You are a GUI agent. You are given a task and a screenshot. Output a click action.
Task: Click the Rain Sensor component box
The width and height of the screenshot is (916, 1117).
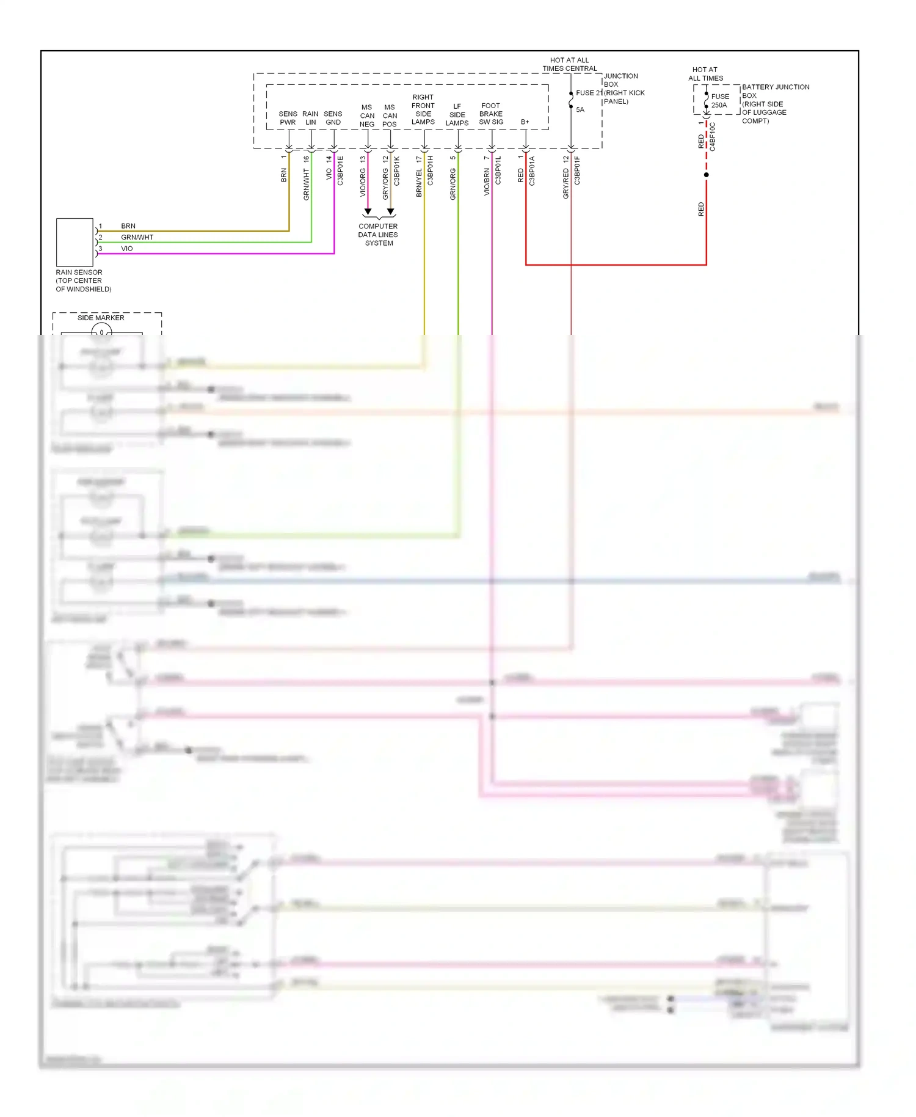(75, 242)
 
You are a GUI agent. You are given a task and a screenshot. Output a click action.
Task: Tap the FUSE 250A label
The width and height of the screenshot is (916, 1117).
(719, 101)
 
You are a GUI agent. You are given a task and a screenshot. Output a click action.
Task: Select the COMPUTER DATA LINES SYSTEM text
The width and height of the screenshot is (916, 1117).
(378, 235)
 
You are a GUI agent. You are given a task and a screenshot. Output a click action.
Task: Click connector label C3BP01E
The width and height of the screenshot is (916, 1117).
(341, 171)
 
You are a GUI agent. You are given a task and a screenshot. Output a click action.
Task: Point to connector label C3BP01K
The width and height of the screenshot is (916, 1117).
(397, 171)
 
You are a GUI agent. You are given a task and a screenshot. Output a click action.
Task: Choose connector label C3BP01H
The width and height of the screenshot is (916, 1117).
(431, 171)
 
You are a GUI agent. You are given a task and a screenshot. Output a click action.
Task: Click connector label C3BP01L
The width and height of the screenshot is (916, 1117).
(498, 170)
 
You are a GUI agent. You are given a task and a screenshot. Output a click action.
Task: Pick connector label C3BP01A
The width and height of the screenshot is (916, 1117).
(532, 171)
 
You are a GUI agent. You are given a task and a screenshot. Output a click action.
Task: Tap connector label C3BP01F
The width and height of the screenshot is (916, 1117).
(577, 170)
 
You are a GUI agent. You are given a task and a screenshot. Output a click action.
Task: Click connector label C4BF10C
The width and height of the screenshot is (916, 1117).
(713, 137)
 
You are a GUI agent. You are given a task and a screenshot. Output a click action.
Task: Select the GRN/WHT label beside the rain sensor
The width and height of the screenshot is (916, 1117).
(137, 237)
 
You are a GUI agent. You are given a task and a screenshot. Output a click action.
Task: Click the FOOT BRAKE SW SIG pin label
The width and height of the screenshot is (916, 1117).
(491, 114)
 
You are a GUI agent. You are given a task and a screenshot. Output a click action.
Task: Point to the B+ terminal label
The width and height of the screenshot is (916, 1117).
(525, 122)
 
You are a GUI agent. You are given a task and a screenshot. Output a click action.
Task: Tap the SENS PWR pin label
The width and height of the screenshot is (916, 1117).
(288, 118)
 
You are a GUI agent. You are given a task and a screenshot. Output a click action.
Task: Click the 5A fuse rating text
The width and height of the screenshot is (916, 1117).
(580, 110)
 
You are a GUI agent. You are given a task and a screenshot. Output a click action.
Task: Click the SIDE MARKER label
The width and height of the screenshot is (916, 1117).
(101, 318)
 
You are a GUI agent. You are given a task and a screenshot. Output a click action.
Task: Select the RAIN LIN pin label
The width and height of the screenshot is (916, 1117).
(310, 118)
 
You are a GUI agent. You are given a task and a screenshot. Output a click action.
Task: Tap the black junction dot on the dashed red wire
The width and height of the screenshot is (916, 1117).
(707, 175)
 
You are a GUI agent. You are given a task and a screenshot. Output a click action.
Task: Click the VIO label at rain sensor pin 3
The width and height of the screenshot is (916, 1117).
(127, 249)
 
